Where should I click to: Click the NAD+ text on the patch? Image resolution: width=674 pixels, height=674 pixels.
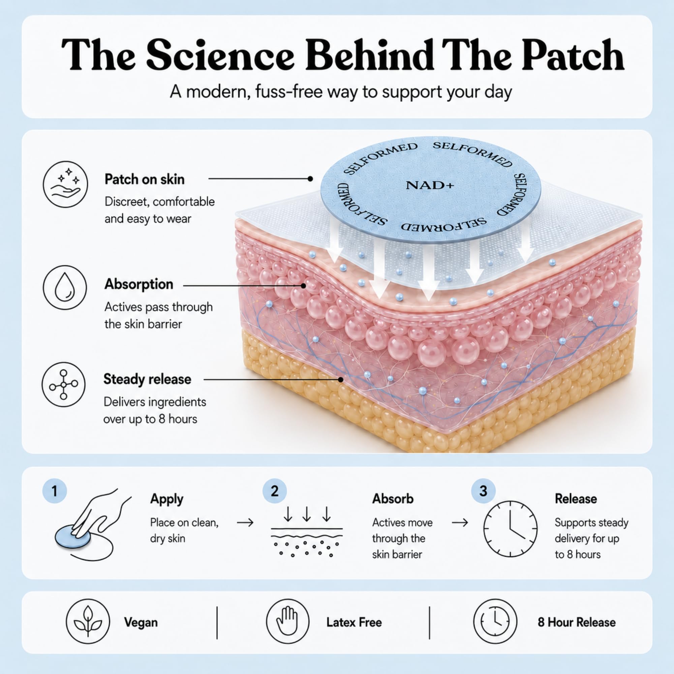[430, 185]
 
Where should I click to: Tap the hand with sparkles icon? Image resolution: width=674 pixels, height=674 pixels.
[66, 185]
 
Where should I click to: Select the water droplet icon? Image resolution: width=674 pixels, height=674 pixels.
[65, 288]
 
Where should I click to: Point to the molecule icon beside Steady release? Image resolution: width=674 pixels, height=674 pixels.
[63, 385]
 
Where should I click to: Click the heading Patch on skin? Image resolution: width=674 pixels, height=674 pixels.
[145, 179]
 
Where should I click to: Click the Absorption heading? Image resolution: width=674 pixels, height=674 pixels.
[139, 284]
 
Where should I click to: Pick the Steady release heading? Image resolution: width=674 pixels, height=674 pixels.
[147, 379]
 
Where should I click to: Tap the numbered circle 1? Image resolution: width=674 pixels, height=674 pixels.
[54, 491]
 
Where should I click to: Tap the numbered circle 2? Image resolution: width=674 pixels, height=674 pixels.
[275, 491]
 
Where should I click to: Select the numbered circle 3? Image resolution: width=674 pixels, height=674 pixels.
[483, 491]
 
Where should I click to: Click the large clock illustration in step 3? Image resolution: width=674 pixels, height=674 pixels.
[510, 529]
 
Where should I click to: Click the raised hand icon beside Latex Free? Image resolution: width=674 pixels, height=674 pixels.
[287, 622]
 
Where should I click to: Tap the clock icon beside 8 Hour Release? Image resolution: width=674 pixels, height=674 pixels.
[495, 622]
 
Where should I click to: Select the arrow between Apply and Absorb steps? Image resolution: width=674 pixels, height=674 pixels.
[245, 523]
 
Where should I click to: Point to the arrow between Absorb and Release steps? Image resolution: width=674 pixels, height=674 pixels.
[460, 523]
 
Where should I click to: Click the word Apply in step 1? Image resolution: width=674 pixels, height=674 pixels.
[167, 499]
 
